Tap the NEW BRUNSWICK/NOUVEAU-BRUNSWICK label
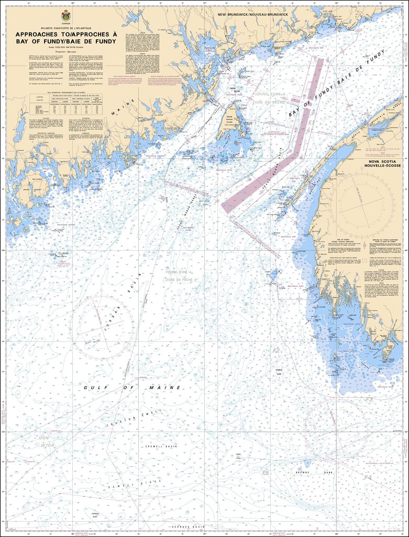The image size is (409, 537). (x=253, y=15)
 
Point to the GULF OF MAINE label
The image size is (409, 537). (x=132, y=388)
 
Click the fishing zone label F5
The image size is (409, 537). (x=265, y=473)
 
